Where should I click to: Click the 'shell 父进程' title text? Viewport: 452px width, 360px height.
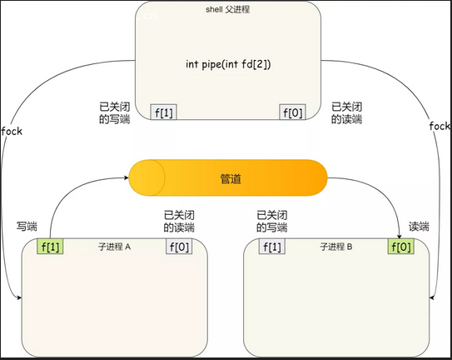coord(228,9)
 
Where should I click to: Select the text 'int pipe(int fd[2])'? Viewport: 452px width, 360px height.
coord(228,64)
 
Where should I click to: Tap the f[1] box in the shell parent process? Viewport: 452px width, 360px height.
coord(164,112)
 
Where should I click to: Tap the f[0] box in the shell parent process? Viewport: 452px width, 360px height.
coord(292,112)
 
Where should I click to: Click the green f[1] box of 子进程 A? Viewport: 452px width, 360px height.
coord(50,247)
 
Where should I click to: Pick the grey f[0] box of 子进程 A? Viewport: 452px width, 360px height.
coord(179,247)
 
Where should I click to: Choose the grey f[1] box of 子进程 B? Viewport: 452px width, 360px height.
coord(272,247)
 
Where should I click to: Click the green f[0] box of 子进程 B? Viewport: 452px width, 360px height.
coord(401,247)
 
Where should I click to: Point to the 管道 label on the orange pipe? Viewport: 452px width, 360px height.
coord(231,178)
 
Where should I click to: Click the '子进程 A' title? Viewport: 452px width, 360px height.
coord(114,247)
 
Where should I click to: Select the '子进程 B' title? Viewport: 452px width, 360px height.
coord(336,247)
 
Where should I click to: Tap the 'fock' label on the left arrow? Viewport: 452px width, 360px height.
coord(12,132)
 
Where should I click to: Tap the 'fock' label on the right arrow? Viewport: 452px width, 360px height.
coord(440,126)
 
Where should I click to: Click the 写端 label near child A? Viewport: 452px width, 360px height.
coord(27,227)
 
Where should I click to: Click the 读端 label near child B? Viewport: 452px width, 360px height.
coord(419,227)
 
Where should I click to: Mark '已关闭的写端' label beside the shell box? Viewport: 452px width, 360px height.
coord(115,112)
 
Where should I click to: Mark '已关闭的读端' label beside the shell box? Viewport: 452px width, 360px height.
coord(346,112)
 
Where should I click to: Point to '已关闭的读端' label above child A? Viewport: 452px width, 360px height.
coord(179,222)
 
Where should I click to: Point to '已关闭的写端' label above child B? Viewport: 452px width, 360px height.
coord(272,222)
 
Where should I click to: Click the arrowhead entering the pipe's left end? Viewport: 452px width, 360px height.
coord(127,177)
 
